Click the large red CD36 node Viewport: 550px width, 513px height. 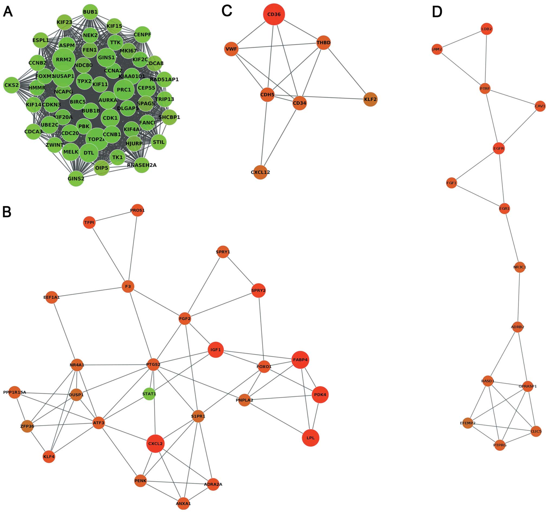tap(274, 14)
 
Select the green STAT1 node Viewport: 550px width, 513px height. tap(149, 394)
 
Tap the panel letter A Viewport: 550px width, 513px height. tap(8, 12)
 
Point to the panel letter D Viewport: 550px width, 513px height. tap(437, 12)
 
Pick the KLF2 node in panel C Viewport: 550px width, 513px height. tap(370, 99)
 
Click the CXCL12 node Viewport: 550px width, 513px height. tap(260, 172)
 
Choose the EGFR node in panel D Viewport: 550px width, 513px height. tap(499, 149)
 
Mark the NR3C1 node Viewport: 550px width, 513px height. tap(520, 267)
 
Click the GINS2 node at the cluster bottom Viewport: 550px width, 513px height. tap(76, 179)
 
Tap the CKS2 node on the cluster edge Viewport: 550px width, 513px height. tap(11, 85)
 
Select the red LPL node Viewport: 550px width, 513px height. tap(310, 438)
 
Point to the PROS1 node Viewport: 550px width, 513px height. tap(137, 210)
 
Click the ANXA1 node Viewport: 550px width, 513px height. tap(183, 504)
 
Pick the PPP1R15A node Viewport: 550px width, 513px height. tap(14, 392)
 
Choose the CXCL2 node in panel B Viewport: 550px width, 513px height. tap(155, 444)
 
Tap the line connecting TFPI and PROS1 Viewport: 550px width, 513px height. tap(113, 217)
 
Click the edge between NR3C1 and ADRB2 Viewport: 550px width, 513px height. tap(519, 297)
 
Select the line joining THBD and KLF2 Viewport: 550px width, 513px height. tap(347, 71)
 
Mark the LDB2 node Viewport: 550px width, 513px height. tap(486, 29)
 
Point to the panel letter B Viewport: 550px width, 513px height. tap(7, 212)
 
